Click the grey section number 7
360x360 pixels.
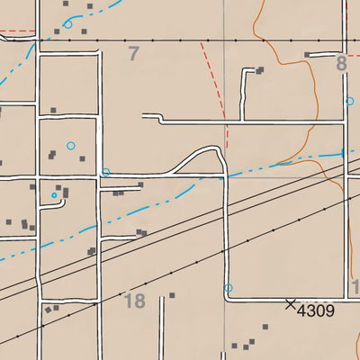click(134, 54)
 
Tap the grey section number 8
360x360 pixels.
click(341, 63)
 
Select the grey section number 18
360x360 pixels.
click(135, 301)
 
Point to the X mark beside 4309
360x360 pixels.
click(290, 304)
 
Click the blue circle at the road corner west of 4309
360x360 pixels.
click(228, 288)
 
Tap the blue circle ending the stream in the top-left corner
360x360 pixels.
click(68, 24)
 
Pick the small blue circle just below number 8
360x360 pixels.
click(348, 102)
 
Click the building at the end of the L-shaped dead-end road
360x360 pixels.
click(260, 70)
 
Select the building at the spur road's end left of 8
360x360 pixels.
click(307, 55)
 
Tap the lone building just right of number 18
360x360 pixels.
click(172, 295)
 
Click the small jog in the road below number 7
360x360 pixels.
click(159, 117)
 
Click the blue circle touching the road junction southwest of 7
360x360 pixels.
click(105, 172)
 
